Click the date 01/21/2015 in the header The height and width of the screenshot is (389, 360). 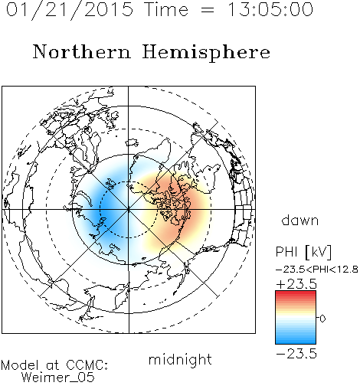[x=70, y=10]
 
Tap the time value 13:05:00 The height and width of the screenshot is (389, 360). [x=270, y=9]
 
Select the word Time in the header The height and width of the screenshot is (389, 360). [x=166, y=9]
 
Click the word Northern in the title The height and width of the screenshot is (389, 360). [x=82, y=51]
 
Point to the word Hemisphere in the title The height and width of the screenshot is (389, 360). [x=206, y=52]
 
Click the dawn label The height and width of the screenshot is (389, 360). [x=300, y=220]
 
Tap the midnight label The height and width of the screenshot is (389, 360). [x=180, y=359]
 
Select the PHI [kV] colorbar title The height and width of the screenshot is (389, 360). [x=303, y=252]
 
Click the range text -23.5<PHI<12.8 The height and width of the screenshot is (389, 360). [x=317, y=270]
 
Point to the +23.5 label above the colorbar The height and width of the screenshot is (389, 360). [x=296, y=284]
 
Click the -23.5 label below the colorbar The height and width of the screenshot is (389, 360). [x=296, y=354]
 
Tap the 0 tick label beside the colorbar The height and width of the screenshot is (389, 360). [x=322, y=319]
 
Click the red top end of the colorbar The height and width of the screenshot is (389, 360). [x=296, y=293]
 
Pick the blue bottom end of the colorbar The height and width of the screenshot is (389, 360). [x=296, y=342]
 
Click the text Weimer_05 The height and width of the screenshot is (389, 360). [x=58, y=378]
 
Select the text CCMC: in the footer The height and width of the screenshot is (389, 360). [x=87, y=365]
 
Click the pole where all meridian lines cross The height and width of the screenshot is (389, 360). [x=129, y=210]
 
